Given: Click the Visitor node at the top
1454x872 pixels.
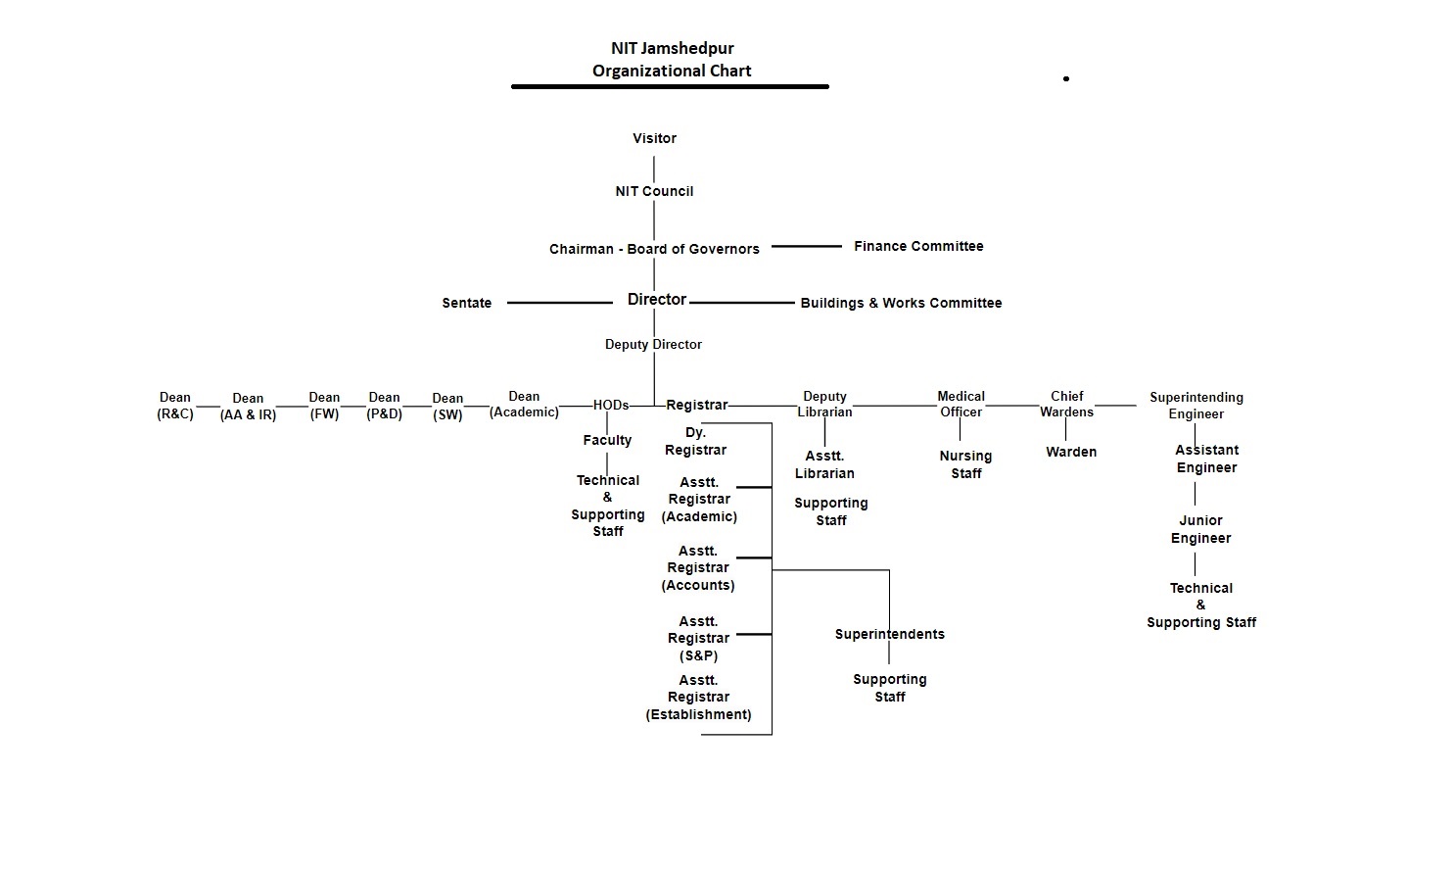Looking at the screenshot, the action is [x=654, y=138].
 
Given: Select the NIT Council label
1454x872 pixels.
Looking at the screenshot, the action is [x=654, y=191].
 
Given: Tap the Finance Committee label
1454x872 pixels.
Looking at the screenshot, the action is [x=918, y=246].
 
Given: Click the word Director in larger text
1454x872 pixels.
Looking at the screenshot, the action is [x=657, y=300].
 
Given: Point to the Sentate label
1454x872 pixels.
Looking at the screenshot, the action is [x=467, y=303].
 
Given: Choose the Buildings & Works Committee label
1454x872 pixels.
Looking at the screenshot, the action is [x=901, y=303].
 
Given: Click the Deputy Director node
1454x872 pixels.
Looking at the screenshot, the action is [x=654, y=344].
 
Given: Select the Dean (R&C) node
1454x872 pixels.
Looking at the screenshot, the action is [x=175, y=406].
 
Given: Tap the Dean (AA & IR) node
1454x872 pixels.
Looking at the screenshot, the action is [x=248, y=407].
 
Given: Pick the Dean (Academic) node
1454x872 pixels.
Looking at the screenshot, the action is [x=524, y=405].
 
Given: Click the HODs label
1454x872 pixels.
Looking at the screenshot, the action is [x=611, y=405].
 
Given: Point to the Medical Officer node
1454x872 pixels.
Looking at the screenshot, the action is [x=962, y=405].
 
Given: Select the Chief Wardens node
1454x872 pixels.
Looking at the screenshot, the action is [x=1067, y=405].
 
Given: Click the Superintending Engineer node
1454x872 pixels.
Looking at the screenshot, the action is [x=1196, y=406].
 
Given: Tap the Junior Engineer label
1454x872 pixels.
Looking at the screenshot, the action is [x=1200, y=529].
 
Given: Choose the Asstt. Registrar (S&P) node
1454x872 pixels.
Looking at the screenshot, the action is [x=698, y=639].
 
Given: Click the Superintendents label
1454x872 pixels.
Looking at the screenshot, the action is [x=890, y=634].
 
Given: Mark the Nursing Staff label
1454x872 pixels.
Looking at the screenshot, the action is [x=965, y=464].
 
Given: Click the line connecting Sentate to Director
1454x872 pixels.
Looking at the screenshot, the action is [x=559, y=303].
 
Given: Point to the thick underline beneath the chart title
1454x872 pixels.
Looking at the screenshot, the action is [x=670, y=86].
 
